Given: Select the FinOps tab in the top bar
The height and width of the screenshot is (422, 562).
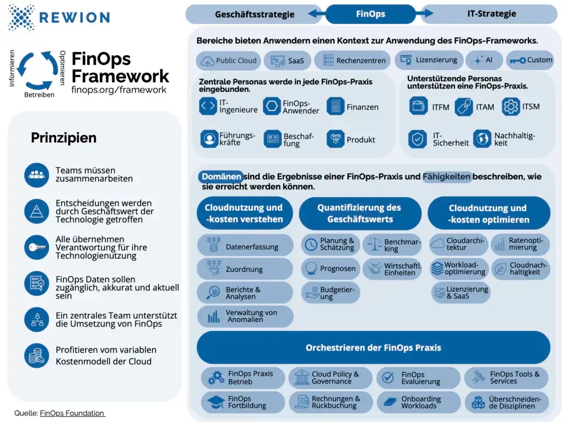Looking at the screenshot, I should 370,14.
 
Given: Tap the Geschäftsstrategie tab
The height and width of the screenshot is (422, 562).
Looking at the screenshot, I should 255,14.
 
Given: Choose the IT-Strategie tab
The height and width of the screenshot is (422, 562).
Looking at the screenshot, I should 491,14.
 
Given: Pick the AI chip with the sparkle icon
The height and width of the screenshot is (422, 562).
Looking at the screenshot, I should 484,60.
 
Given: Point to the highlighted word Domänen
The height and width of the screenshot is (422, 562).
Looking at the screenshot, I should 221,177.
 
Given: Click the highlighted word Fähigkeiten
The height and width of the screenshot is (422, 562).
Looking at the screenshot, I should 447,177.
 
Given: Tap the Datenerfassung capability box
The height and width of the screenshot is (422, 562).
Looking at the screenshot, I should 245,247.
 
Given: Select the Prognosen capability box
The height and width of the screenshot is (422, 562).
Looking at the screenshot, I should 330,269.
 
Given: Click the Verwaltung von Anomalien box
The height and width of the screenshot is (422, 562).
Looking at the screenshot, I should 245,316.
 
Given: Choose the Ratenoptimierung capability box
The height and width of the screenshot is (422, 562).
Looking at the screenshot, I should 520,244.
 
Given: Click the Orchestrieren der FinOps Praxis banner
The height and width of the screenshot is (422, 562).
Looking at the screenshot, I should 373,347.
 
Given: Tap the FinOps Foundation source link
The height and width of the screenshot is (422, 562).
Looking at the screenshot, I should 72,413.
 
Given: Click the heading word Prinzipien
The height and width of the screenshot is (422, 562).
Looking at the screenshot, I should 64,138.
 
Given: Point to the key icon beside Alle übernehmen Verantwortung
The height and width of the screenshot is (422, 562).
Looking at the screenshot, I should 37,247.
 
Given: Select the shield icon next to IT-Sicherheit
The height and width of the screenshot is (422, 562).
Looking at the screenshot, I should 419,139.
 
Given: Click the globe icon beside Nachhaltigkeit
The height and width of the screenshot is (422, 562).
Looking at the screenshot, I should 482,139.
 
